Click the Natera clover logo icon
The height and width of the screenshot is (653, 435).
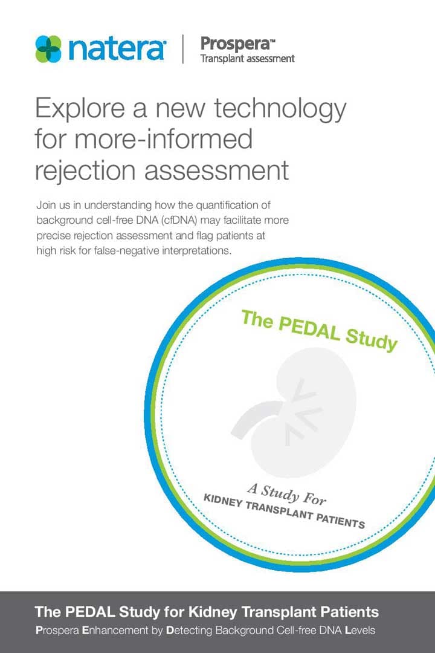[48, 49]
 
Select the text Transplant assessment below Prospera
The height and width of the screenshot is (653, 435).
[247, 59]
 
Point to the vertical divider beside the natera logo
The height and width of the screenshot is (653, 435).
[182, 49]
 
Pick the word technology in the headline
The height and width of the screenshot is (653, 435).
[280, 109]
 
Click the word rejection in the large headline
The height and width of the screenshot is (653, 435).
[86, 171]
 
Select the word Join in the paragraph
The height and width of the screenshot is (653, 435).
[45, 205]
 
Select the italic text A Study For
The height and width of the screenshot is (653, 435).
[287, 494]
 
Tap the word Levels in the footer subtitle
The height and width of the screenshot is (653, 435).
[360, 630]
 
